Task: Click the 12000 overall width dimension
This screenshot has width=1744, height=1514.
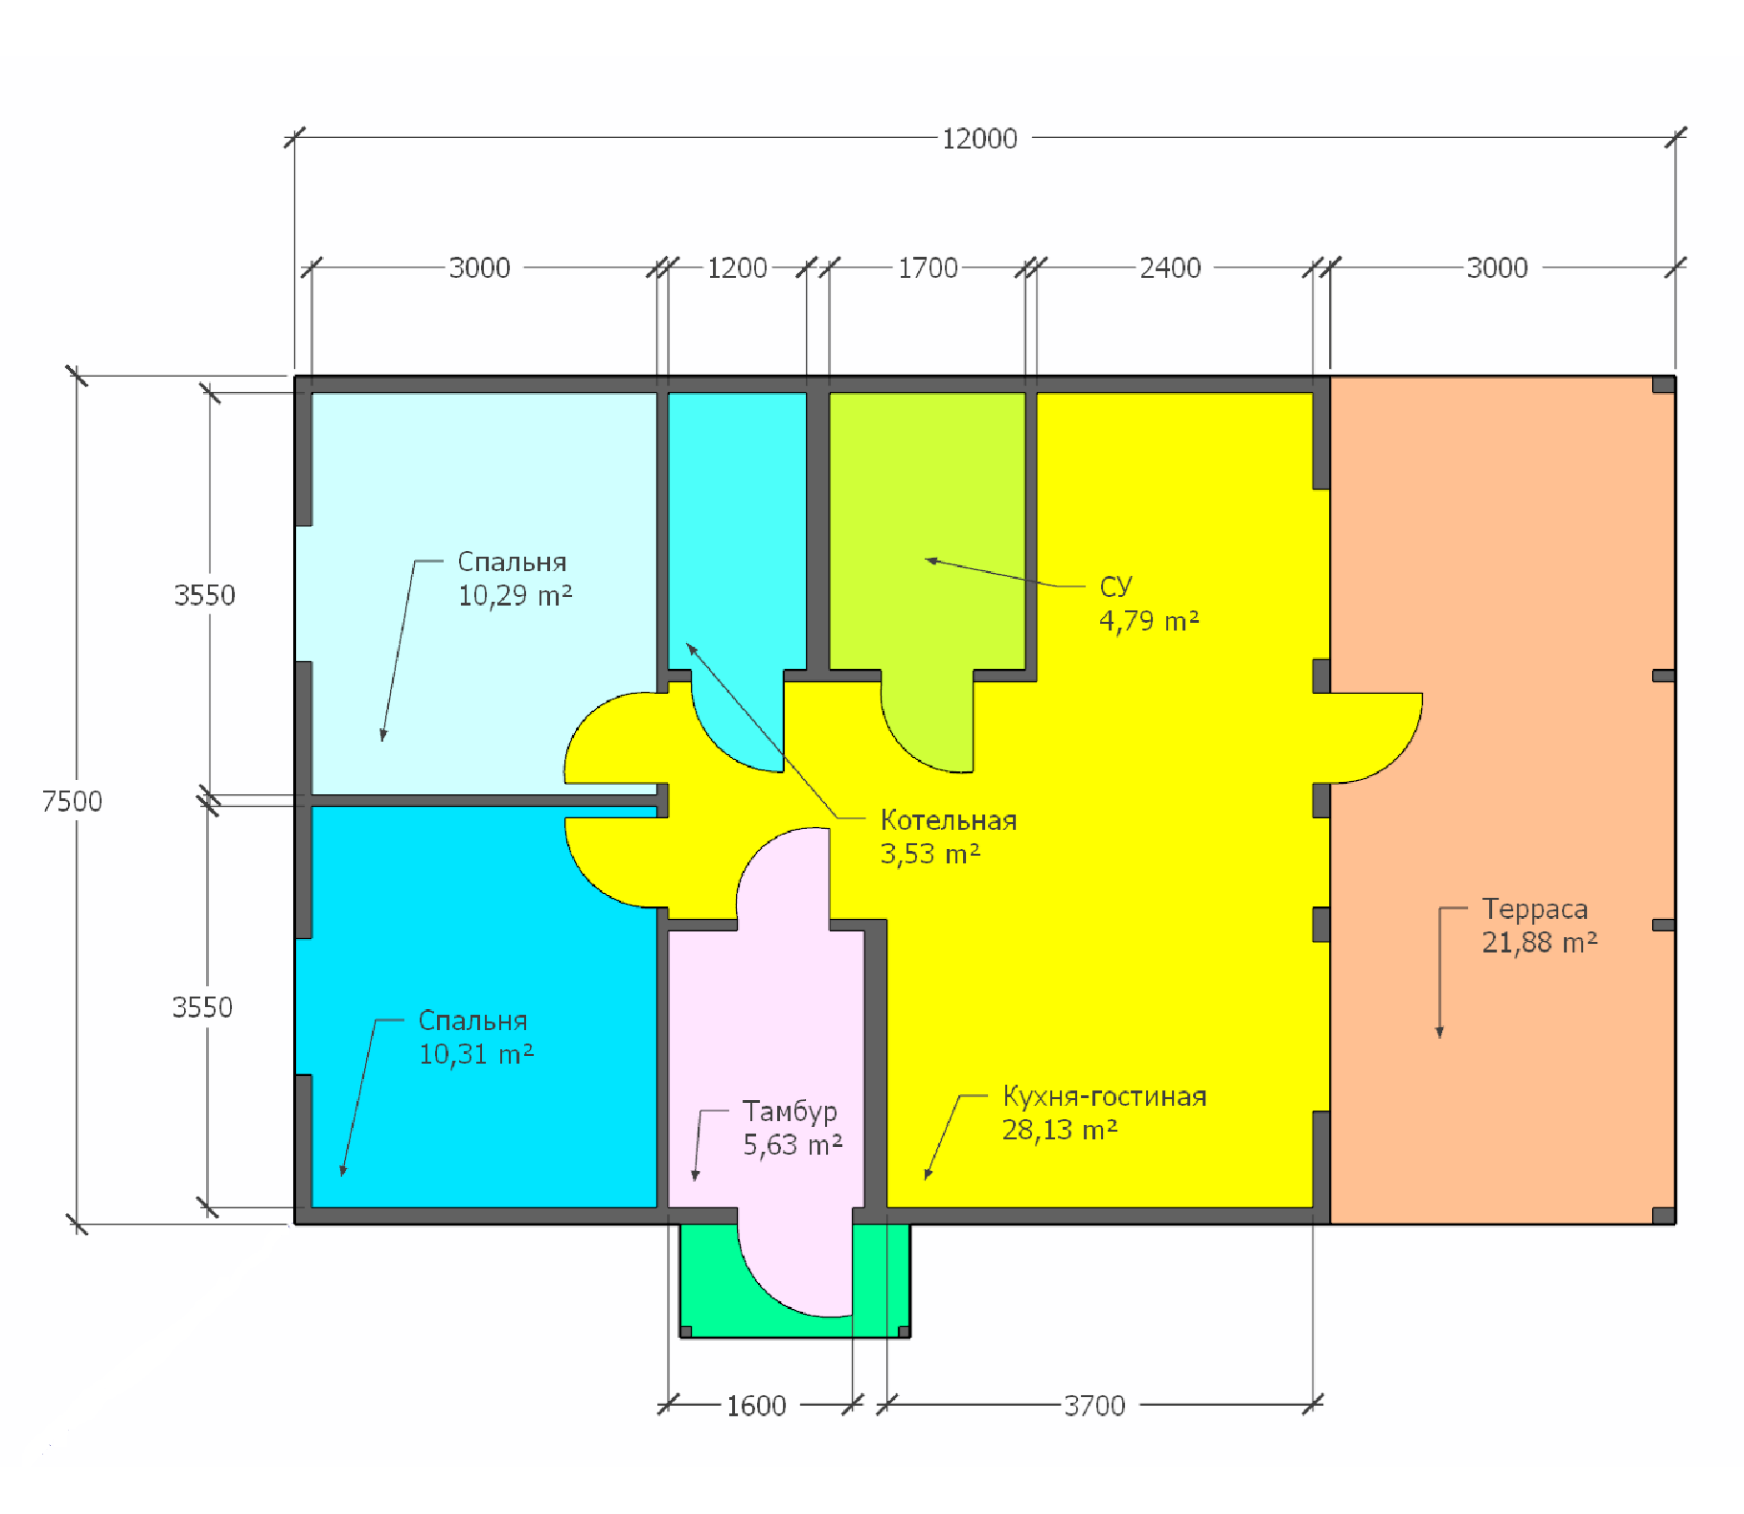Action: point(979,139)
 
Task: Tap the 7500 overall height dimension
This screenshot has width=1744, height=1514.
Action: point(72,801)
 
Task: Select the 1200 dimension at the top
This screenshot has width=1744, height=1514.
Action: point(737,268)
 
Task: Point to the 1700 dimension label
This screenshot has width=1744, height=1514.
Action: point(928,268)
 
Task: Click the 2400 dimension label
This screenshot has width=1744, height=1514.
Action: point(1170,268)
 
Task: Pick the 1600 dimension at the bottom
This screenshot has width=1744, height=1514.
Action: point(756,1407)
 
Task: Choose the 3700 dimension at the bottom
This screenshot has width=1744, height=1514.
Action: point(1094,1407)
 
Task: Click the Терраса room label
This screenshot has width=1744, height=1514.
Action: point(1535,909)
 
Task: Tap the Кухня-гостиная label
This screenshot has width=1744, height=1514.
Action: point(1105,1097)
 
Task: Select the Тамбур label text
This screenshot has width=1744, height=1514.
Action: point(790,1112)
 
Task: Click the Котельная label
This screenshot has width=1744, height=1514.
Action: point(949,821)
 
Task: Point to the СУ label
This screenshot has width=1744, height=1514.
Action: point(1115,586)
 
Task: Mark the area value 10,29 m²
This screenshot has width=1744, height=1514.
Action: point(516,596)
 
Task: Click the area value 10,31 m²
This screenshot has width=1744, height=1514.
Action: point(476,1055)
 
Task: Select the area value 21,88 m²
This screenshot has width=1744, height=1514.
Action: point(1540,943)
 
